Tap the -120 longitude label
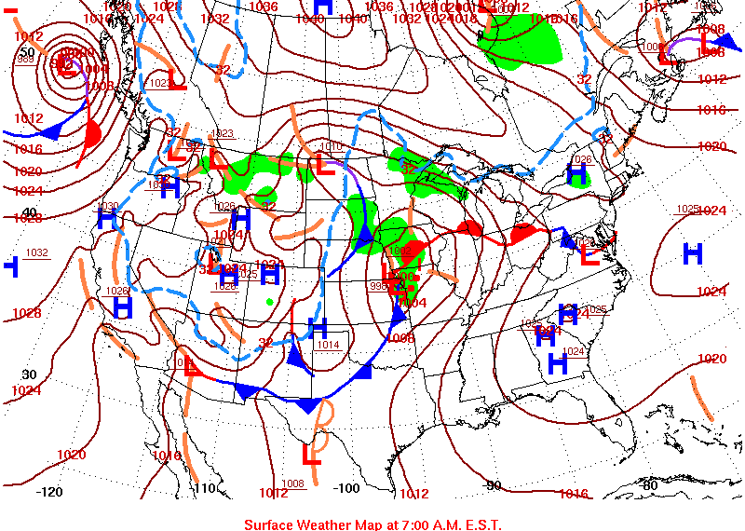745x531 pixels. tap(48, 491)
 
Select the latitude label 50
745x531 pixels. tap(27, 51)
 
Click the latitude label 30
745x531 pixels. tap(29, 374)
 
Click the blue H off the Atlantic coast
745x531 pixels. tap(692, 252)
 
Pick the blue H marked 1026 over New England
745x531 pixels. tap(577, 172)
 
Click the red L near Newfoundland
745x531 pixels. tap(668, 56)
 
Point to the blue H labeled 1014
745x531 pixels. tap(318, 328)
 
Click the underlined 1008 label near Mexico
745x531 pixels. tap(293, 483)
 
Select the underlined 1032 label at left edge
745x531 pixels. tap(37, 252)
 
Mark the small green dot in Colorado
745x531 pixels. tap(269, 301)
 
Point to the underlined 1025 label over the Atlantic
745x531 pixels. tap(687, 209)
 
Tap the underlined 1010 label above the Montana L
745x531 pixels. tap(332, 146)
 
